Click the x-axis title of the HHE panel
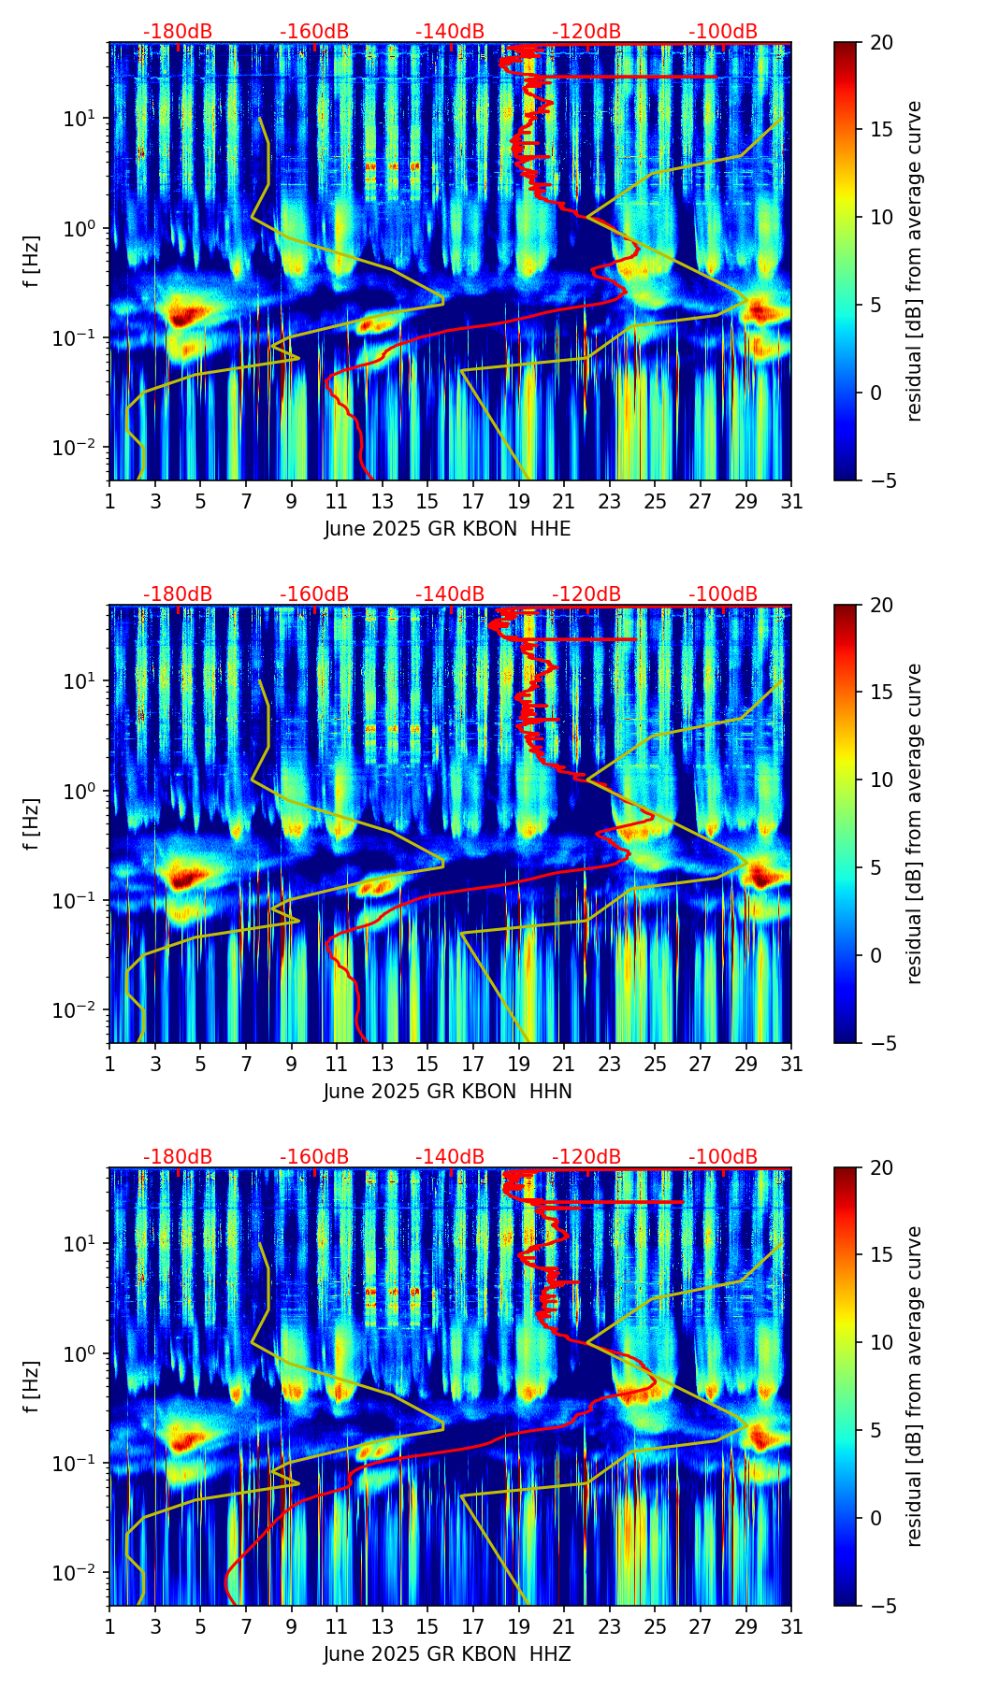coord(447,529)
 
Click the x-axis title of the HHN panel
coord(447,1092)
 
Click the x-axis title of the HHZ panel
coord(447,1654)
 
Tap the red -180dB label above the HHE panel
coord(178,32)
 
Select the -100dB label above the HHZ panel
coord(723,1157)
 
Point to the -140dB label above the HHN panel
coord(450,594)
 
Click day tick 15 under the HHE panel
coord(427,501)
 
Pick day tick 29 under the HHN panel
coord(746,1064)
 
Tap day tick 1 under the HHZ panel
coord(109,1626)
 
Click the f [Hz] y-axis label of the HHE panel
coord(32,262)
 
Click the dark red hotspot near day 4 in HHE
coord(184,314)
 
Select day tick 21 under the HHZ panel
coord(564,1626)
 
